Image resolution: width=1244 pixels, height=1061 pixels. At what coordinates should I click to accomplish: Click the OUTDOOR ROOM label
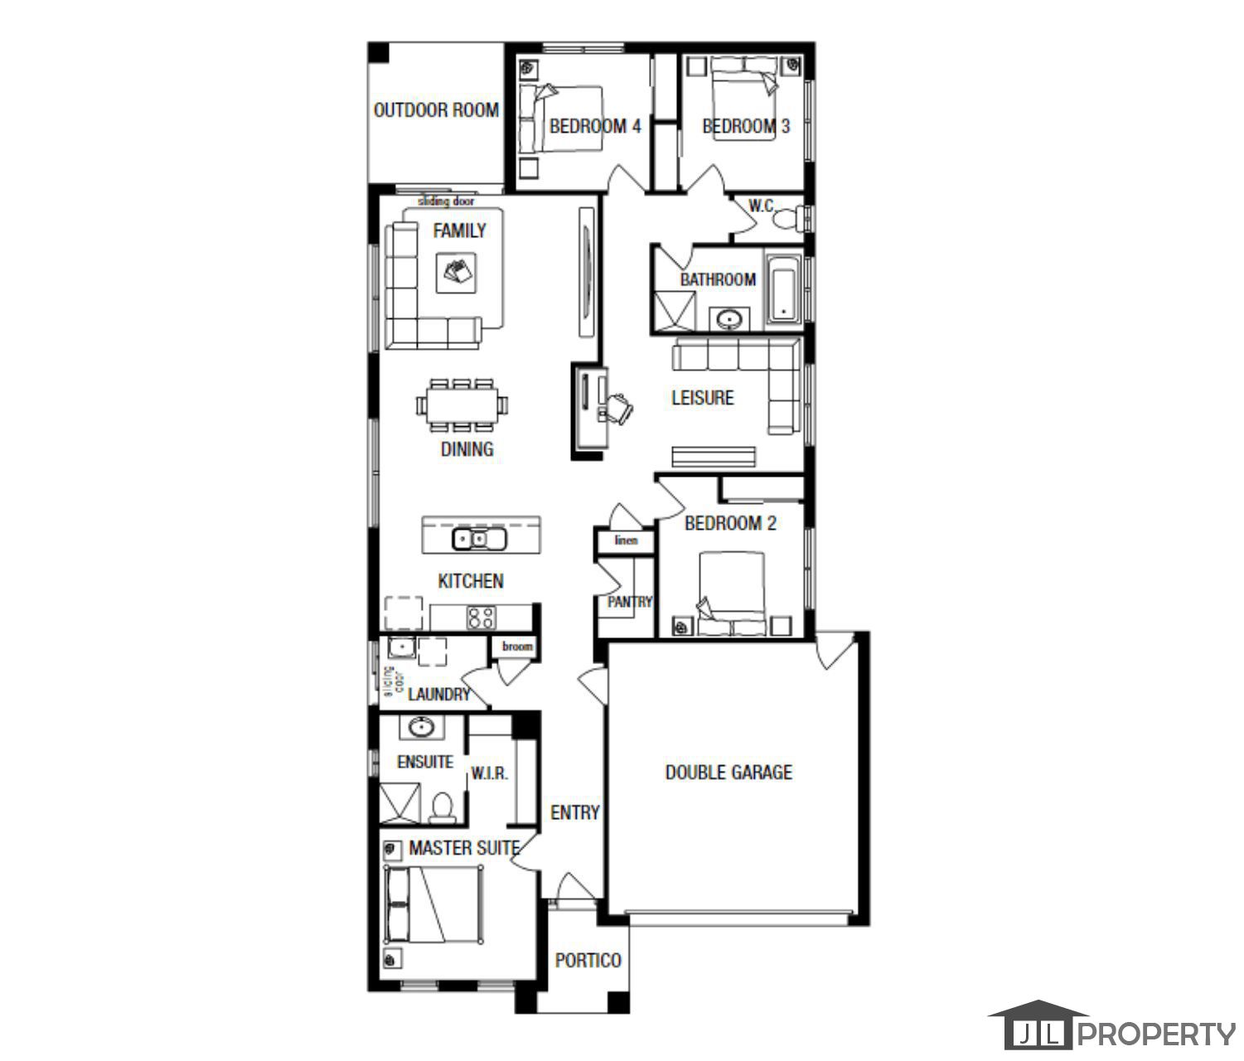436,110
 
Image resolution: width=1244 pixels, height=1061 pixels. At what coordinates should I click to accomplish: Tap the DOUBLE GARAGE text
728,773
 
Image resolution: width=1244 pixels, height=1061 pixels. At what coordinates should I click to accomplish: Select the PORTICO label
588,961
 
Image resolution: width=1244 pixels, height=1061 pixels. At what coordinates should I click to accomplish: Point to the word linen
627,540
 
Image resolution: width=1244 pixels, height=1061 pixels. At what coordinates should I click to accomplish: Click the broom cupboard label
517,647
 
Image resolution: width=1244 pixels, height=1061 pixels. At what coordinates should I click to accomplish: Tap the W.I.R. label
489,773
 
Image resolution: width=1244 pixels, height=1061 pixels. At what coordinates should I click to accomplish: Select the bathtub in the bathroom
782,290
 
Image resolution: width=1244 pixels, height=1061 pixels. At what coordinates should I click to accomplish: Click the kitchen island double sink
479,540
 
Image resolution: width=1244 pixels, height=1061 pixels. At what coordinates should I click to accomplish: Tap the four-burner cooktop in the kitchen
481,618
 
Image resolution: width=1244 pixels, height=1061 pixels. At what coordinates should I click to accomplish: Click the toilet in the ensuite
443,807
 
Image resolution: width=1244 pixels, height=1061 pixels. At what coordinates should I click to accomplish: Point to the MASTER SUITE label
463,849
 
